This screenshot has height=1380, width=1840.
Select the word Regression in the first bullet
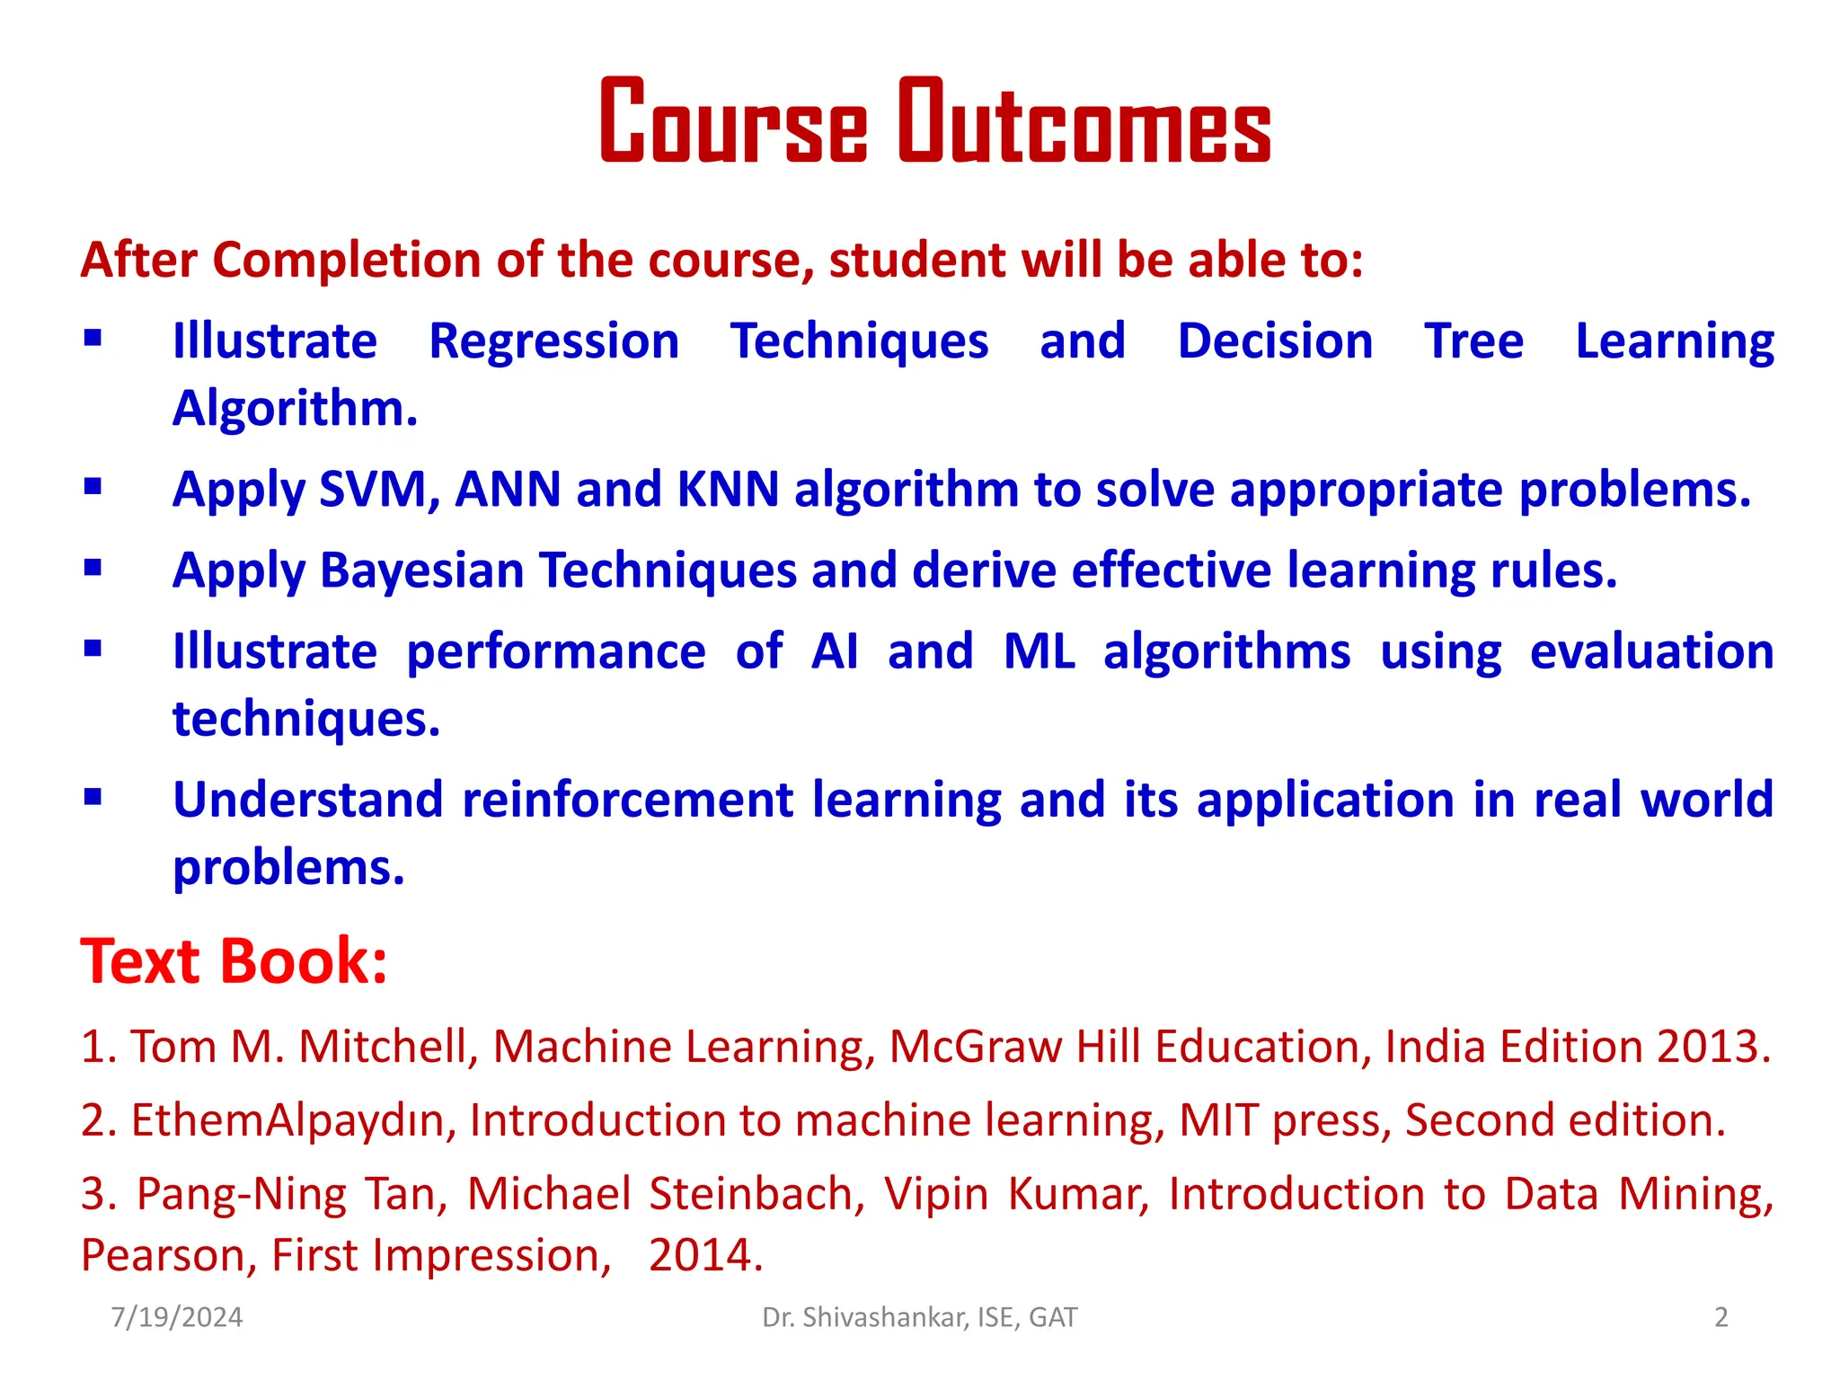click(553, 341)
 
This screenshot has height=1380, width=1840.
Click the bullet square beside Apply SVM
click(93, 487)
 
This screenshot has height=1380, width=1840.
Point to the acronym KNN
click(728, 490)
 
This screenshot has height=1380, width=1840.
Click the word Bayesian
click(421, 571)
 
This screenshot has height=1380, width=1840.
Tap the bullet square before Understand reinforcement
click(93, 797)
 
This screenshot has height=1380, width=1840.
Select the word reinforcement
click(627, 800)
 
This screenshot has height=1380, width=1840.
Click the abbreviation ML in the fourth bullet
click(1039, 651)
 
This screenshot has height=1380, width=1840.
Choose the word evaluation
click(1651, 651)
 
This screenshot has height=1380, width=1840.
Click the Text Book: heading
click(234, 961)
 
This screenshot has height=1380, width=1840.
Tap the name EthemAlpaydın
click(294, 1121)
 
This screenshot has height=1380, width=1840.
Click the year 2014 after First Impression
click(705, 1255)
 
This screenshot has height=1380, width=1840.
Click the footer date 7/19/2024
click(177, 1317)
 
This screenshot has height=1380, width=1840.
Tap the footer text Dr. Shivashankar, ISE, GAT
click(919, 1317)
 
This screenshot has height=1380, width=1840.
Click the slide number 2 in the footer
click(1721, 1317)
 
